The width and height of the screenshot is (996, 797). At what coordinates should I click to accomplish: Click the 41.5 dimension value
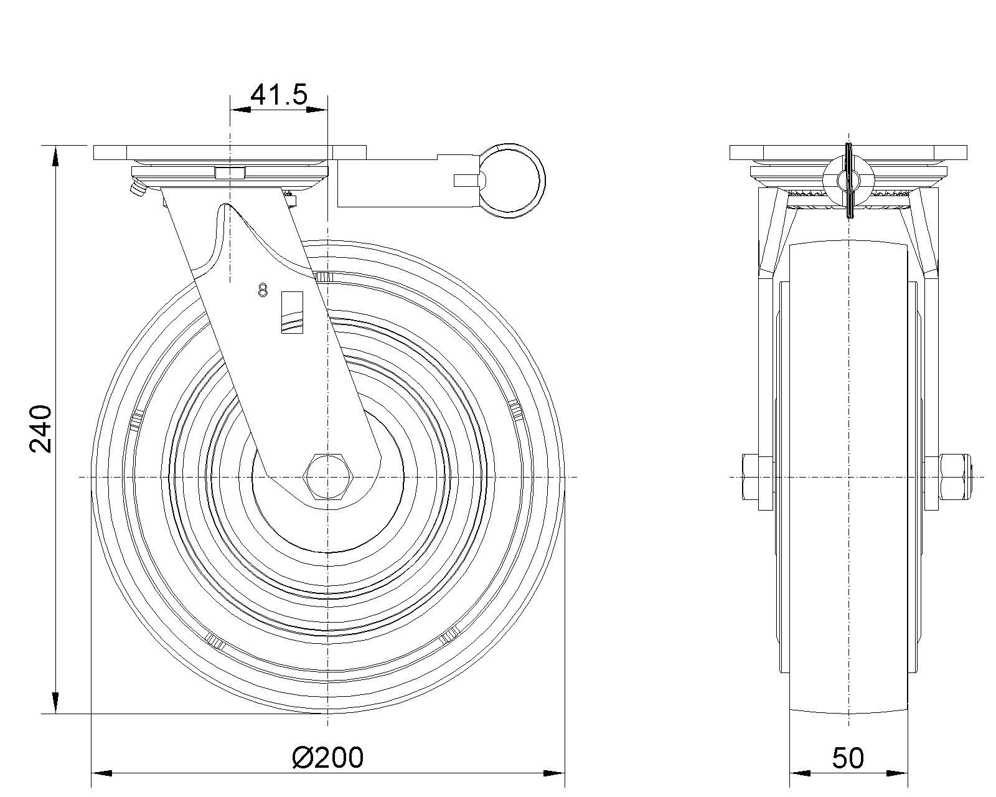(x=279, y=95)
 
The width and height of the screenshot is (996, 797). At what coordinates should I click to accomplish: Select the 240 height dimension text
(x=40, y=429)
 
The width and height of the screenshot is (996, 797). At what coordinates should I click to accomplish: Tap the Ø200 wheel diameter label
(x=328, y=758)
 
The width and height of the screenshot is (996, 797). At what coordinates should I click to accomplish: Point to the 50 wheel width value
(x=848, y=758)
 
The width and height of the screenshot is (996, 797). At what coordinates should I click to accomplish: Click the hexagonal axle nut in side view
(x=327, y=476)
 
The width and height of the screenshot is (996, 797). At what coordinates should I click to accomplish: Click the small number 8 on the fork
(x=263, y=290)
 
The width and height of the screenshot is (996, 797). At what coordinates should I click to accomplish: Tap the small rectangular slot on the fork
(x=292, y=312)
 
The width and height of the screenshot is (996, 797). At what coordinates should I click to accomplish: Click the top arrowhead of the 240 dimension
(x=55, y=156)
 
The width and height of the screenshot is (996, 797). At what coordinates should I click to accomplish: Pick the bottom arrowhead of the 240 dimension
(x=55, y=703)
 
